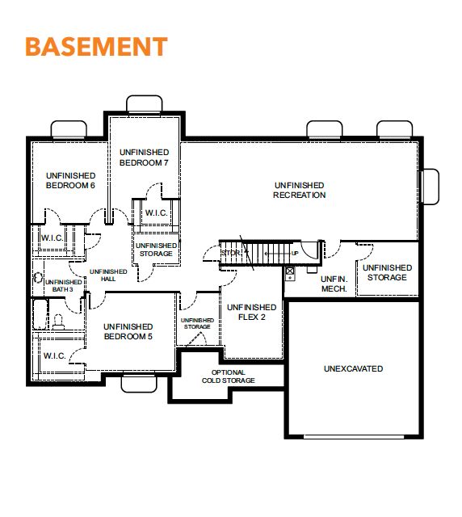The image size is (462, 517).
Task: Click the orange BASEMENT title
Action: tap(97, 47)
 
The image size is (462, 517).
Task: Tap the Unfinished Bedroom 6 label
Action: tap(70, 180)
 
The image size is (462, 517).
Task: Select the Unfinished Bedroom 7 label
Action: tap(144, 158)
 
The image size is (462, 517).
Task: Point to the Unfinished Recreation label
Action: tap(300, 191)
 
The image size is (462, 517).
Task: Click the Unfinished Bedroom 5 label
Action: tap(128, 332)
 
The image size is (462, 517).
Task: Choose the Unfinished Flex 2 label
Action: tap(252, 312)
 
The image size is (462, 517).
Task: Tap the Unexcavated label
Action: tap(353, 368)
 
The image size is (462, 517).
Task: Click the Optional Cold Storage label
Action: tap(229, 376)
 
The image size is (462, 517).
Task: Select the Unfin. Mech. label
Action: tap(334, 284)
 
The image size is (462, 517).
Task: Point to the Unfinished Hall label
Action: tap(108, 275)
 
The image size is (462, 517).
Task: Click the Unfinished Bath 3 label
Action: tap(63, 285)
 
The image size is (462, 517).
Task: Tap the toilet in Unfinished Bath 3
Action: tap(58, 322)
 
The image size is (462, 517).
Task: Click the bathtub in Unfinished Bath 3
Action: tap(40, 314)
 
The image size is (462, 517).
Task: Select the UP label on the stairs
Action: tap(295, 253)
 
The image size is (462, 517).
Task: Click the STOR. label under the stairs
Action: tap(231, 253)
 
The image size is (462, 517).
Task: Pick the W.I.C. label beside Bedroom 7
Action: tap(157, 212)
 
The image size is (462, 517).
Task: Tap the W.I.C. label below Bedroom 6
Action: tap(52, 237)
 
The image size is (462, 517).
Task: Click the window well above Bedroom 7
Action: tap(145, 104)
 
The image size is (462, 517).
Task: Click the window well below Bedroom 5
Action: tap(139, 384)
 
